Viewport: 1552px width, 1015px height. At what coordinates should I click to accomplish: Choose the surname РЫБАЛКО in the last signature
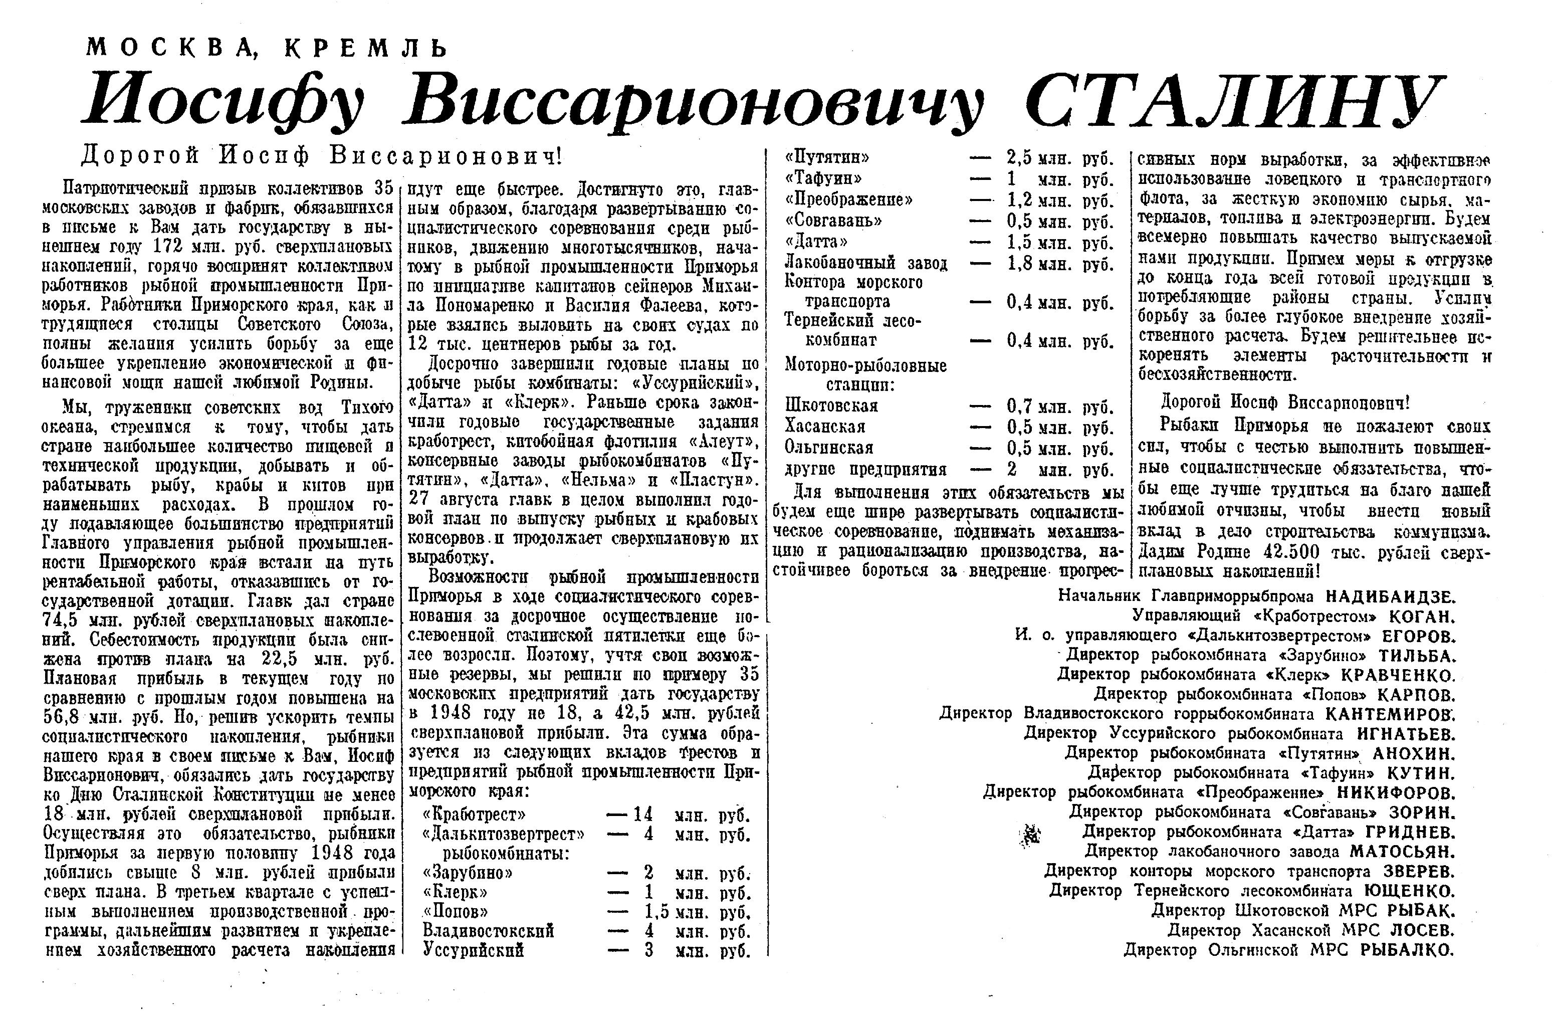(x=1407, y=950)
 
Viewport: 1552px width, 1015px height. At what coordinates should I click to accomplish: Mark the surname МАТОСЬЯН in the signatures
(x=1402, y=851)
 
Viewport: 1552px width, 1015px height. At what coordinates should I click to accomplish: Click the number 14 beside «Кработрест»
(x=642, y=815)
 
